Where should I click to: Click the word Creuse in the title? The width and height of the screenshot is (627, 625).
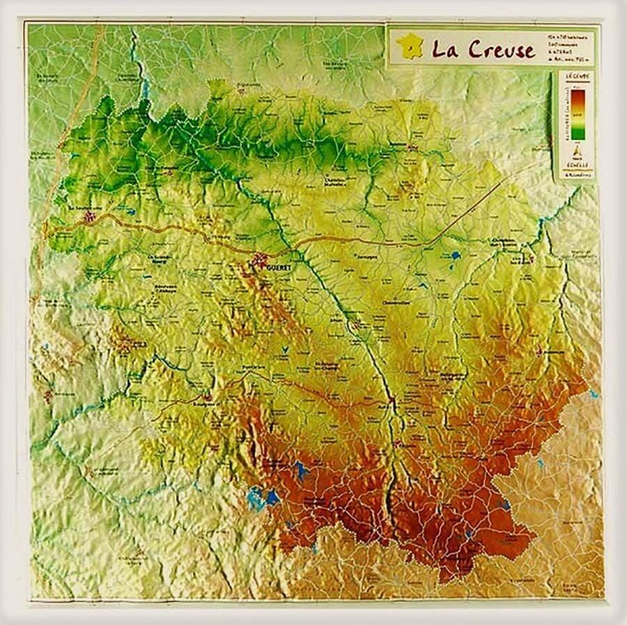[x=501, y=49]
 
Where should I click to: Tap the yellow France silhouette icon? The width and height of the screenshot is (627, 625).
[x=409, y=47]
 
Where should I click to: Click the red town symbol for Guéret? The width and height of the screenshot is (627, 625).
[x=260, y=261]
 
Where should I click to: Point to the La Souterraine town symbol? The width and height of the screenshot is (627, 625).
[x=88, y=217]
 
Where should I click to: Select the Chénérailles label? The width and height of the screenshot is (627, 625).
[x=399, y=303]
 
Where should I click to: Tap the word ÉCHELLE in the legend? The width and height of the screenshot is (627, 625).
[x=575, y=166]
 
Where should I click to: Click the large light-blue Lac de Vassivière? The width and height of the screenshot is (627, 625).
[x=263, y=497]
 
